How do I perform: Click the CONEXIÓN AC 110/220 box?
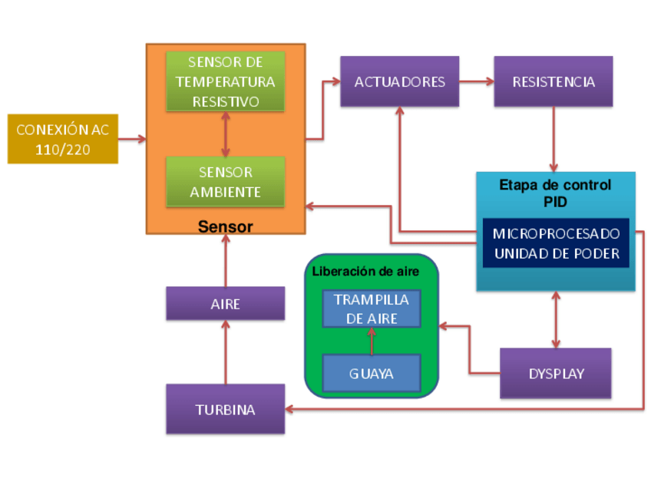tap(63, 139)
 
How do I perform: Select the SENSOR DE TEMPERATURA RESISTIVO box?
tap(225, 81)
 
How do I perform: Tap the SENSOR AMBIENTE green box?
tap(225, 182)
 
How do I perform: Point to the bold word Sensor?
tap(225, 226)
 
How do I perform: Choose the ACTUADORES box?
tap(399, 81)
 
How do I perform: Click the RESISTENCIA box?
tap(554, 81)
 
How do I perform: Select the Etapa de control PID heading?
tap(555, 192)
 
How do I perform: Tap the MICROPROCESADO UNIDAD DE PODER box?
tap(556, 243)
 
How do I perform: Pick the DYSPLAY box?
tap(556, 374)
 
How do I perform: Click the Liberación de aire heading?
tap(365, 272)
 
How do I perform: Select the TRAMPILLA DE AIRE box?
tap(372, 309)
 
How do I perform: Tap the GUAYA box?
tap(372, 374)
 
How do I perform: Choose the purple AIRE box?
tap(225, 304)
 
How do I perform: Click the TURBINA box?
tap(225, 409)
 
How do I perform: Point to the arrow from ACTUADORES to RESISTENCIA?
tap(477, 81)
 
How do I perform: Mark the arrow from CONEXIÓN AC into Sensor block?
tap(132, 139)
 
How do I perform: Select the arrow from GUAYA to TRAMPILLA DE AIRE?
tap(372, 341)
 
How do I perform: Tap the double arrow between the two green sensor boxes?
tap(225, 134)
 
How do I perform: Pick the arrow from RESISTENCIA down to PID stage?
tap(554, 139)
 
